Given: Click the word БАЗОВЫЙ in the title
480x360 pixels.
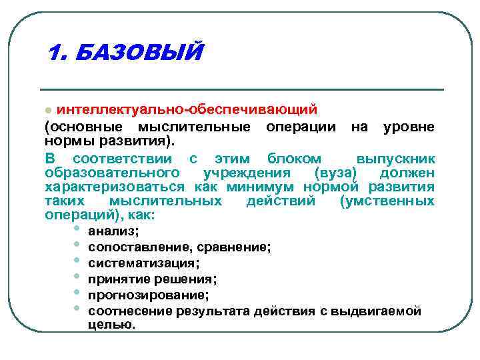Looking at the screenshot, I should point(137,52).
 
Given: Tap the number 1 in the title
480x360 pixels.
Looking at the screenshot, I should point(55,52).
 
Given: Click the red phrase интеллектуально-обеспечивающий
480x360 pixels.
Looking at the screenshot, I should point(187,109).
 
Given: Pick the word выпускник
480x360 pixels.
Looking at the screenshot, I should point(396,159).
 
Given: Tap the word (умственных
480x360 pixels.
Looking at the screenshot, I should point(387,201).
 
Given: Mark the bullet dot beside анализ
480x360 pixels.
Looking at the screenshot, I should point(77,229).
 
